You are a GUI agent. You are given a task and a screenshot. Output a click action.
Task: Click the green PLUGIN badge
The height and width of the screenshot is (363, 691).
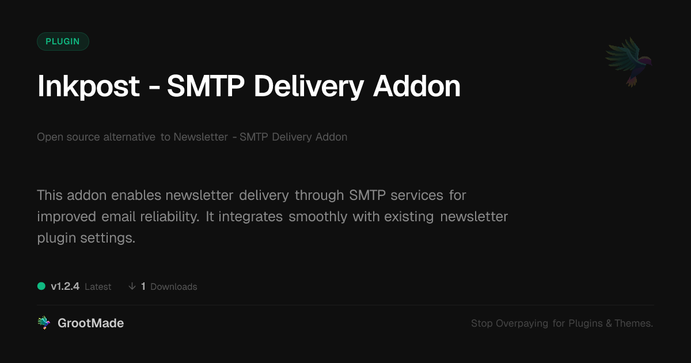click(63, 41)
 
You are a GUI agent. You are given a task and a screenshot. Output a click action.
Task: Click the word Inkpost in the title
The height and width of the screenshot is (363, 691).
click(89, 87)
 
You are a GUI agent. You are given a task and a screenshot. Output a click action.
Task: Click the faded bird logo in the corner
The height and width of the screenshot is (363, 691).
click(629, 62)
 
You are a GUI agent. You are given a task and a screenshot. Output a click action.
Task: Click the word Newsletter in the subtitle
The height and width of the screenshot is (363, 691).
click(200, 137)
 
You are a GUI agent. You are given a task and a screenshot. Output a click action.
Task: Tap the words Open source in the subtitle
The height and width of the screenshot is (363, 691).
click(68, 137)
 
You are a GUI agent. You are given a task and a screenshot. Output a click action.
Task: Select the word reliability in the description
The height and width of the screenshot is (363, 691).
click(170, 217)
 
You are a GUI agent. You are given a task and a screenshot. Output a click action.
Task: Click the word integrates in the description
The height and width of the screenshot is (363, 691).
click(250, 217)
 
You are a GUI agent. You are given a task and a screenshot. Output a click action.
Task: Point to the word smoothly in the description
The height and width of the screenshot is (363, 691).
click(318, 217)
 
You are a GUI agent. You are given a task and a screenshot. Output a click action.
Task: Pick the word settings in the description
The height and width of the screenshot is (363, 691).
click(108, 239)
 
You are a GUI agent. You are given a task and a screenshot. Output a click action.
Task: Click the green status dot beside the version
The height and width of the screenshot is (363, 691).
click(41, 286)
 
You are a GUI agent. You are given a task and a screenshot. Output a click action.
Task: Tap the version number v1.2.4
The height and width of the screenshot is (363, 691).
click(65, 286)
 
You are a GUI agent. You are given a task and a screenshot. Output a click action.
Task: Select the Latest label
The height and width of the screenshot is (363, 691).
click(98, 287)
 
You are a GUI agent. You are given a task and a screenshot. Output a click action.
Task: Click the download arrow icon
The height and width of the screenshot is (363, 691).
click(132, 286)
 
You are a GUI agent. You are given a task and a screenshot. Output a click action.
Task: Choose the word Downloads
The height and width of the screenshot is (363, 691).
click(174, 287)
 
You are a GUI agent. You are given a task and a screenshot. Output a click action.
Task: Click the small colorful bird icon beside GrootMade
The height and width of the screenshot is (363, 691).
click(44, 323)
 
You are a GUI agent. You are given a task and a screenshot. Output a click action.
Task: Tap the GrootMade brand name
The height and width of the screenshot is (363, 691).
click(91, 323)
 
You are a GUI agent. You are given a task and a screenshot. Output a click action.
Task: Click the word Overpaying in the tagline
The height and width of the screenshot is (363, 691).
click(522, 323)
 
